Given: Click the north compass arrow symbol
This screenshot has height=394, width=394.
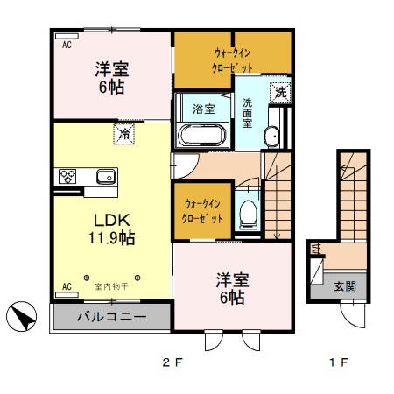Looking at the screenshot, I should pos(22,316).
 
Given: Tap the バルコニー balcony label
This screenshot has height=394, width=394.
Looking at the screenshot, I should pos(110,316).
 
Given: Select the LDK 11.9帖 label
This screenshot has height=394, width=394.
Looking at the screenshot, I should pos(109,226).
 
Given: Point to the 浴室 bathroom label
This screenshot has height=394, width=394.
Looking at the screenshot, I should pos(203,109).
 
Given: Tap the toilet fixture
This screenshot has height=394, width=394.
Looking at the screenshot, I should pos(249,210).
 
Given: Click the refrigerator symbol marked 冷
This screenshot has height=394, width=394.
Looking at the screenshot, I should pos(124,135).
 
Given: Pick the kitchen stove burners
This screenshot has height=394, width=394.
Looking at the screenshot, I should pos(67,176).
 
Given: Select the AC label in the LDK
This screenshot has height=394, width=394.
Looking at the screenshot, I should pos(66,286).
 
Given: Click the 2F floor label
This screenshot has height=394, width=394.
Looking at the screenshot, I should pos(172,362).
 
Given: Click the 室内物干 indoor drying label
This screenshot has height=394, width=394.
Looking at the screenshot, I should pos(111,286).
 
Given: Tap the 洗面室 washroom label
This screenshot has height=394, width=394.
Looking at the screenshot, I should pos(248,110).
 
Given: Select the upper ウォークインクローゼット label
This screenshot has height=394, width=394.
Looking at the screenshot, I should pos(233,59).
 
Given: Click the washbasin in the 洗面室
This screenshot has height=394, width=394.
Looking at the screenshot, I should pos(271,136).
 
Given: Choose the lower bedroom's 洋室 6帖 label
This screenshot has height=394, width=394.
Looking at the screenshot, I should pos(233,289).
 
